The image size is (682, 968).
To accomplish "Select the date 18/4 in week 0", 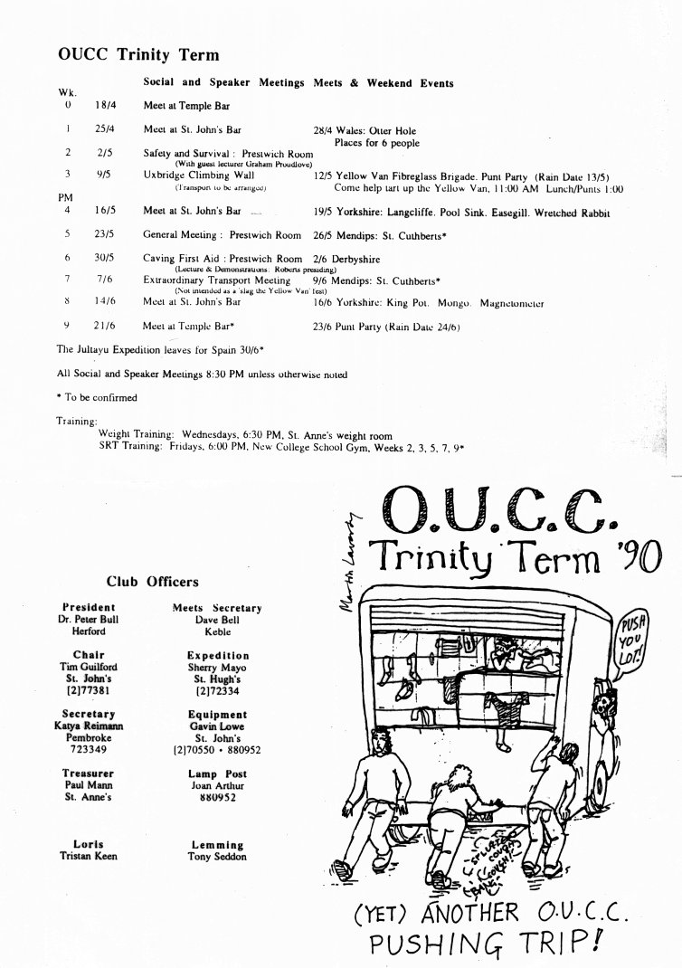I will [x=103, y=106].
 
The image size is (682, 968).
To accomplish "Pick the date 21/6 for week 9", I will [x=103, y=325].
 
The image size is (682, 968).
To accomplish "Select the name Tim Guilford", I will [x=88, y=667].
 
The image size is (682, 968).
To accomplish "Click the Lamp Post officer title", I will [x=217, y=774].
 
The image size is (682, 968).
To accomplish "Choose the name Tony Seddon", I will [x=217, y=857].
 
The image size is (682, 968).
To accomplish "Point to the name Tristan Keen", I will [x=88, y=857].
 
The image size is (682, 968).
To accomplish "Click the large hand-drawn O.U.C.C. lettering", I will [x=498, y=513].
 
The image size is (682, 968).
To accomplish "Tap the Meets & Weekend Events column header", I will [x=384, y=83].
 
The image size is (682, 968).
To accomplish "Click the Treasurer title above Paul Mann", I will [x=88, y=774].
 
